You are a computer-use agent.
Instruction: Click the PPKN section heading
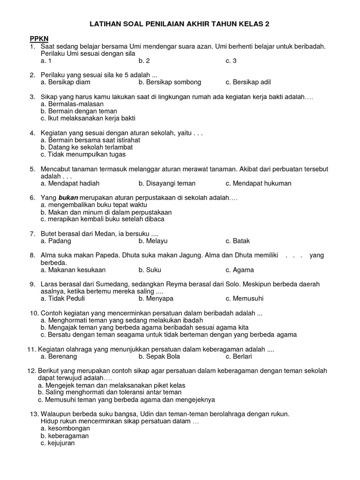(x=39, y=38)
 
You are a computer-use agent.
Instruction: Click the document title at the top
(x=180, y=23)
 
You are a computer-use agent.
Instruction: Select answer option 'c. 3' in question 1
(x=231, y=60)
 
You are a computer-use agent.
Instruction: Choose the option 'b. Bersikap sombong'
(x=170, y=82)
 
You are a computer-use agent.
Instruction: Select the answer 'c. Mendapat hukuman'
(x=258, y=183)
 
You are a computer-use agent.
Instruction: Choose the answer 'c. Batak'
(x=238, y=241)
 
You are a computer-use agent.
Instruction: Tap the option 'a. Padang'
(x=56, y=241)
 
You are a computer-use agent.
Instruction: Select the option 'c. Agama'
(x=240, y=270)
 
